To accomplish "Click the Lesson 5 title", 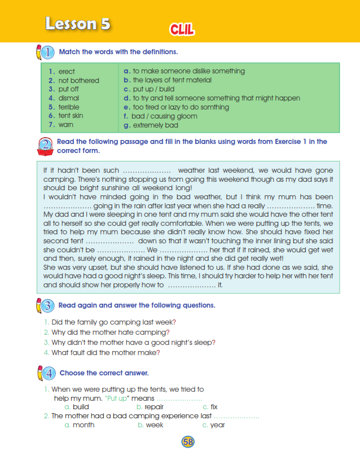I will pyautogui.click(x=78, y=24).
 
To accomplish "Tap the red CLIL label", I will pyautogui.click(x=182, y=30).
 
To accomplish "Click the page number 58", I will pyautogui.click(x=188, y=442).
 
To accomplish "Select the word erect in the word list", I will pyautogui.click(x=67, y=72).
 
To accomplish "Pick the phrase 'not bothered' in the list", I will pyautogui.click(x=78, y=81).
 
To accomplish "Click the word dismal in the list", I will pyautogui.click(x=69, y=98).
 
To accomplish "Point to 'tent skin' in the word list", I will pyautogui.click(x=71, y=116).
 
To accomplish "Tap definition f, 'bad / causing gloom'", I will pyautogui.click(x=161, y=116).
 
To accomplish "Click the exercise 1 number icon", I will pyautogui.click(x=47, y=52).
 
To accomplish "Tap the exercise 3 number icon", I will pyautogui.click(x=47, y=306).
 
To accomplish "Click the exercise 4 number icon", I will pyautogui.click(x=47, y=373).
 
